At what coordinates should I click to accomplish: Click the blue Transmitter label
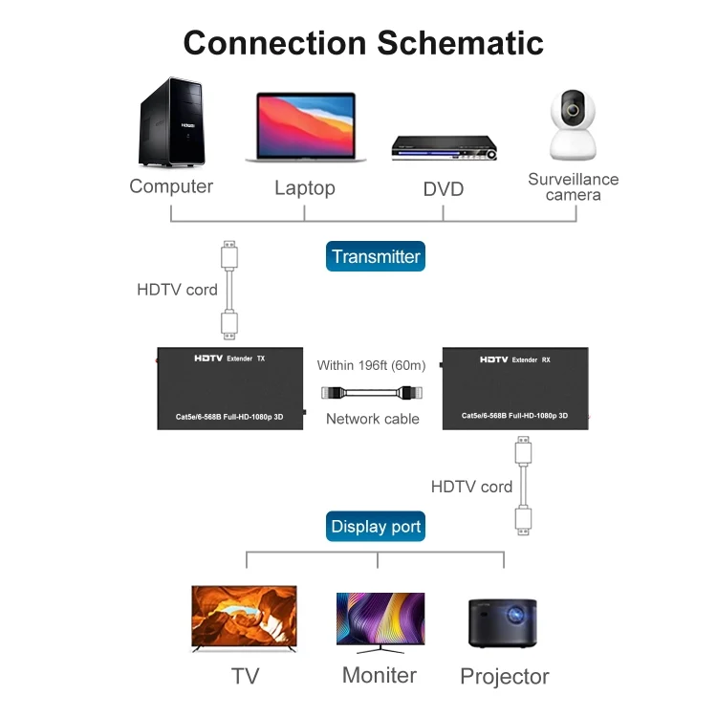point(376,256)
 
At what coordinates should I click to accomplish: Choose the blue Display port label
point(376,527)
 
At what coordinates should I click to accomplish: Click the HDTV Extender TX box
point(229,387)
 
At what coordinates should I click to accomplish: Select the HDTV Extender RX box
point(515,388)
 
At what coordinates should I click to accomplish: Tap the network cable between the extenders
point(373,392)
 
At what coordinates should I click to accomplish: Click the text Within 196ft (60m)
point(372,365)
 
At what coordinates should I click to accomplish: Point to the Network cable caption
point(373,419)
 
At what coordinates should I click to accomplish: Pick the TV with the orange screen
point(245,619)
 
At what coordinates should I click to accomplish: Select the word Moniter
point(380,675)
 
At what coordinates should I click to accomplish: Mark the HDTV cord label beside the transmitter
point(177,289)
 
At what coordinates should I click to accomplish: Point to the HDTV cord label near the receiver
point(471,487)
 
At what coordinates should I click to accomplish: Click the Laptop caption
point(304,188)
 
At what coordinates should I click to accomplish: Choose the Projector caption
point(505,677)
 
